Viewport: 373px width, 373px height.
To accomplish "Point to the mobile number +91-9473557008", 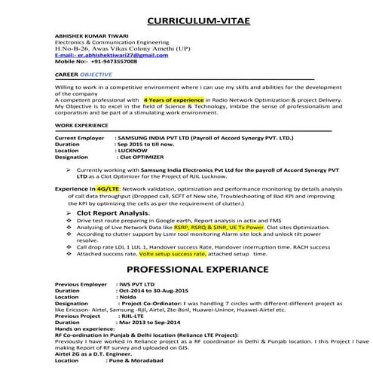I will [99, 62].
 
